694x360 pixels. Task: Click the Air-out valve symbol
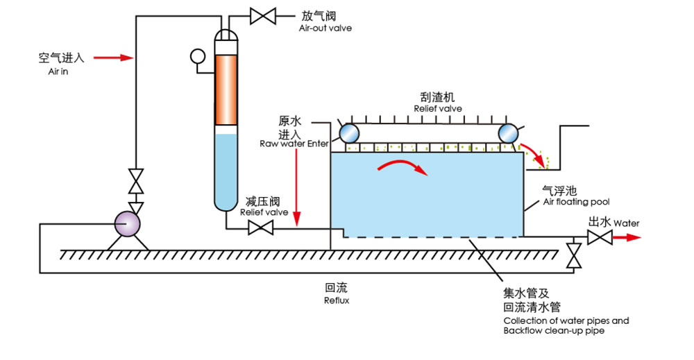click(263, 15)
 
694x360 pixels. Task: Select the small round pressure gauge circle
click(197, 55)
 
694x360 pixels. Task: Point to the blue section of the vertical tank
click(226, 170)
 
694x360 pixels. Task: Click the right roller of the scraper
click(509, 132)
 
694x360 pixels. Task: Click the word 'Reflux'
click(337, 300)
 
